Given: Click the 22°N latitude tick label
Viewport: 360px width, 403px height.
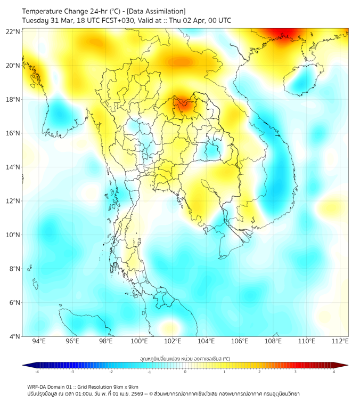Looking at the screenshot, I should coord(13,31).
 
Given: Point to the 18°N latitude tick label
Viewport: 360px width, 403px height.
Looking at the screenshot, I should coord(13,99).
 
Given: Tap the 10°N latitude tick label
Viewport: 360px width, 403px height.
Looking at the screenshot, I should coord(13,235).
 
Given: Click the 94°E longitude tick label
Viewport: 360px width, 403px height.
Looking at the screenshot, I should coord(39,341).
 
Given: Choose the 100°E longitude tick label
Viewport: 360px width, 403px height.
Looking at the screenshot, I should coord(140,341).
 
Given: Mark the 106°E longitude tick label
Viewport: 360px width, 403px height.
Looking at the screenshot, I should coord(240,341).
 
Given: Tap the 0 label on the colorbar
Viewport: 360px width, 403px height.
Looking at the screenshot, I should coord(185,372).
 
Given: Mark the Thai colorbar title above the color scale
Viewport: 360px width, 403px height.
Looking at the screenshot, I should coord(185,359).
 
